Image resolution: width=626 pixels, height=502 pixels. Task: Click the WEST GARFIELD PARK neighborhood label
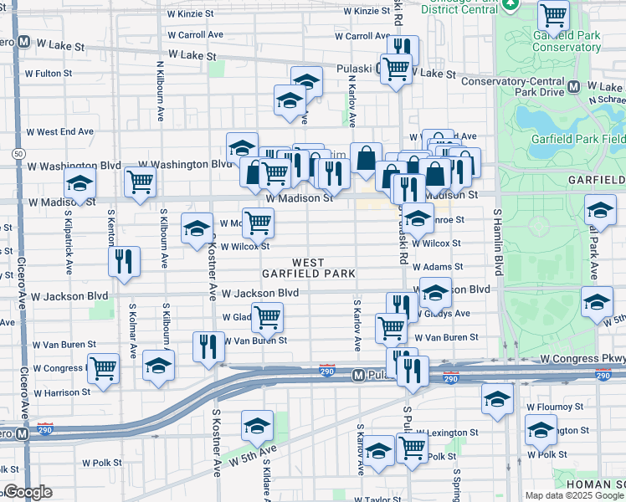308,268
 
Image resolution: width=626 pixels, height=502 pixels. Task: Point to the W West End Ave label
59,132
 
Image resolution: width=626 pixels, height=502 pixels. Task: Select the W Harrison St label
63,392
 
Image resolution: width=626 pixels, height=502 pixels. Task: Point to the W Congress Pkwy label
582,358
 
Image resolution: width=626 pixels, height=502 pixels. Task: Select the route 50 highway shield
18,154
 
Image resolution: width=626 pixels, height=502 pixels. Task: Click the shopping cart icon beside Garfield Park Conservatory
554,14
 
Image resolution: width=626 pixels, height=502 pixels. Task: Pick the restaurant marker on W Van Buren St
208,345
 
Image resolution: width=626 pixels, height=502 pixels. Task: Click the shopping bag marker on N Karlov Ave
366,156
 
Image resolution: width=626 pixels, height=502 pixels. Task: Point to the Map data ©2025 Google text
573,495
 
